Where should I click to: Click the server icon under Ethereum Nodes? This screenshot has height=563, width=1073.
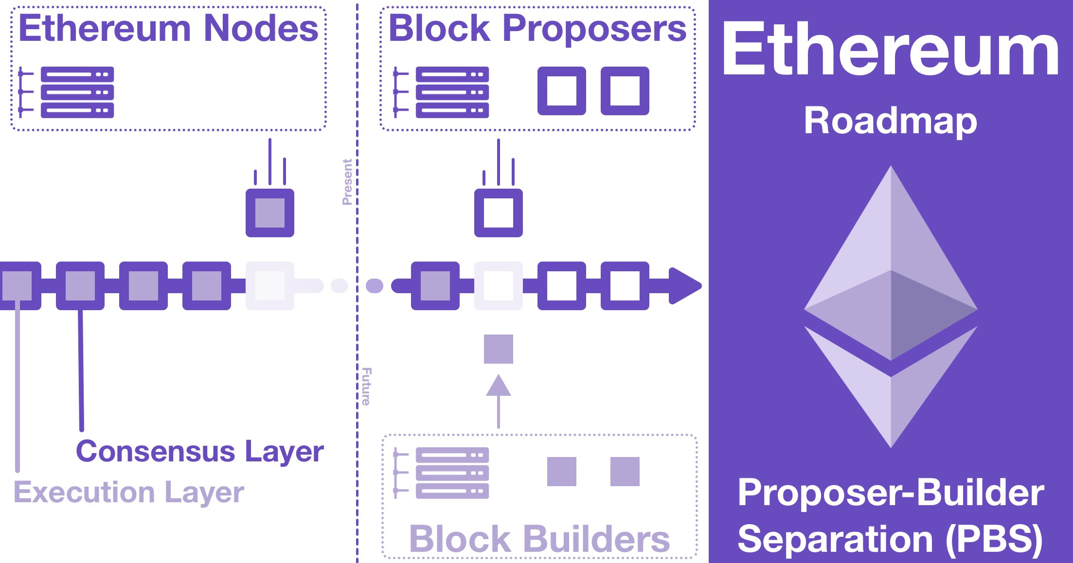pos(68,92)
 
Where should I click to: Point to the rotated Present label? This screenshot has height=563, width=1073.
pos(347,182)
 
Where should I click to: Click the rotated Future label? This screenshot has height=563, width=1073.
pos(366,387)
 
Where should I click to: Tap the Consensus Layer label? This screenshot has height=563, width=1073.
pos(199,452)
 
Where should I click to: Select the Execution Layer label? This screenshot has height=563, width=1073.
pos(128,493)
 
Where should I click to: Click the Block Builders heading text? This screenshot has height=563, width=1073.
pos(539,539)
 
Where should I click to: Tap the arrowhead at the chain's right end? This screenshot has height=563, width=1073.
pos(685,286)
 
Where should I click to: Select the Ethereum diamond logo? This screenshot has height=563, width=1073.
pos(891,306)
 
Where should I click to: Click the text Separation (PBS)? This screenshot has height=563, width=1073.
pos(890,539)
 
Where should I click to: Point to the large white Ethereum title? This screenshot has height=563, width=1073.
pos(890,49)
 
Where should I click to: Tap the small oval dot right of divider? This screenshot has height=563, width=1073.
pos(374,286)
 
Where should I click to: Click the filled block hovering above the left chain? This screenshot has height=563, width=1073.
pos(270,213)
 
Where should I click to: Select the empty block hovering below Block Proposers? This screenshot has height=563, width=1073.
pos(499,213)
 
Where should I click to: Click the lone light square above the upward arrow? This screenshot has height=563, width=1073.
pos(499,349)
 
